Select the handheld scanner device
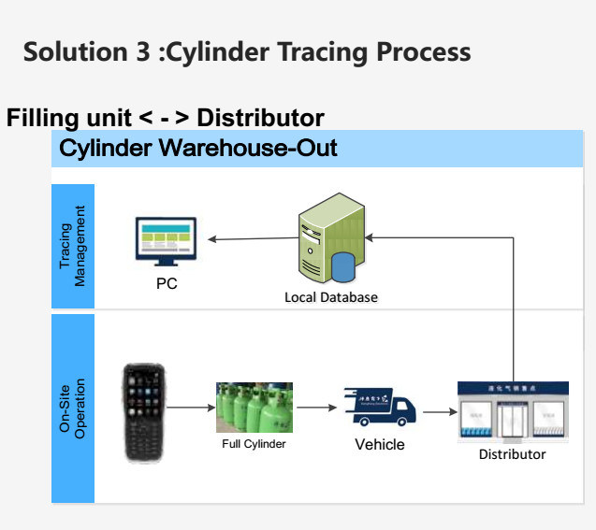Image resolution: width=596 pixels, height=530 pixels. point(145,412)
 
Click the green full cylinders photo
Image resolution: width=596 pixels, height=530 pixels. point(254,407)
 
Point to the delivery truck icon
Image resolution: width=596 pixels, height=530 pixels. point(379,408)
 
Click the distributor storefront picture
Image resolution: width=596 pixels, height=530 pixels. point(512,411)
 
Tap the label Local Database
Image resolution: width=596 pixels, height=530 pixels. point(331,297)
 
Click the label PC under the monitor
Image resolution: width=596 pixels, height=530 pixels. point(167,284)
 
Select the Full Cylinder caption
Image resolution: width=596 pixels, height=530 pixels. point(254,444)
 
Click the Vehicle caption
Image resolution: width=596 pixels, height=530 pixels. point(380,444)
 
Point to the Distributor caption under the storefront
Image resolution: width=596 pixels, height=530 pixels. point(512,454)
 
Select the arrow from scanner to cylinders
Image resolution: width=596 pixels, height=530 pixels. point(191,408)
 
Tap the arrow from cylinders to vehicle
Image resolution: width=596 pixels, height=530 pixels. point(316,408)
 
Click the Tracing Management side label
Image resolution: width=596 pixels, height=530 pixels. point(72,246)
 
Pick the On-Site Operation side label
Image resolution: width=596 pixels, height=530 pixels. point(72,408)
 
